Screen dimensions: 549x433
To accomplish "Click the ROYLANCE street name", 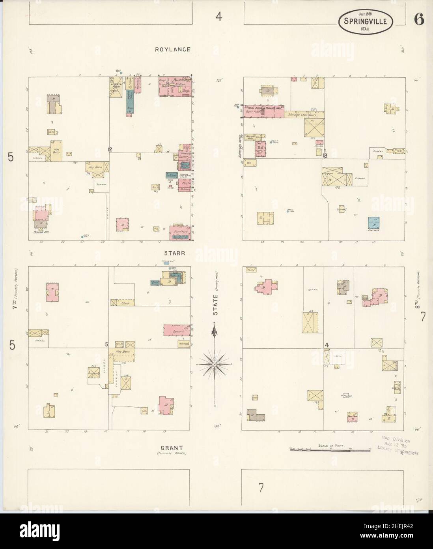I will click(173, 50).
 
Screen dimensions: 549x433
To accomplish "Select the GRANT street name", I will click(172, 448).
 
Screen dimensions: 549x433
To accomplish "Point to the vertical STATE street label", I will click(216, 306).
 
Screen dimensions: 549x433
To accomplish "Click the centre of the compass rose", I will click(214, 363).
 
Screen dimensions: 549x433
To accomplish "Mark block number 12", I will click(110, 149).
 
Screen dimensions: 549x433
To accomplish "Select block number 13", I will click(325, 156).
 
